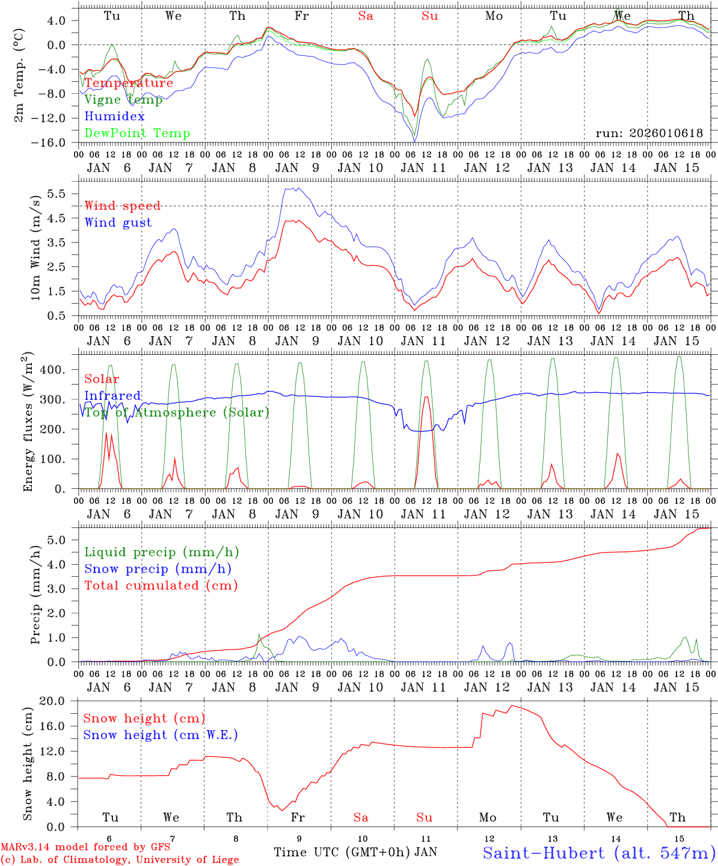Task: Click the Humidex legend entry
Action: click(114, 117)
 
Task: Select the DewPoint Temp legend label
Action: click(137, 134)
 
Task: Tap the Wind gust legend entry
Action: click(118, 223)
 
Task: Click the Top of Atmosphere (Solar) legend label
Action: click(177, 413)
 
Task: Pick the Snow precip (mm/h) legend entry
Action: click(158, 569)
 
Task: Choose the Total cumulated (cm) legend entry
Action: click(161, 586)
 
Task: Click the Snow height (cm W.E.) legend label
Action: click(161, 735)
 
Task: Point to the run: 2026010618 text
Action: click(649, 134)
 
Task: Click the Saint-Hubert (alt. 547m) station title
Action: click(598, 852)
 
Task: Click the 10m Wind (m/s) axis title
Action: click(35, 248)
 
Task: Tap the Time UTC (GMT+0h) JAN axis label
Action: click(355, 852)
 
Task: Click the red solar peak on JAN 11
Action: click(426, 397)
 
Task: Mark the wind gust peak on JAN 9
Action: click(295, 188)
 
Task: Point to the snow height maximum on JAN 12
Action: click(512, 705)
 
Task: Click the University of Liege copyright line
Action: click(120, 859)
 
